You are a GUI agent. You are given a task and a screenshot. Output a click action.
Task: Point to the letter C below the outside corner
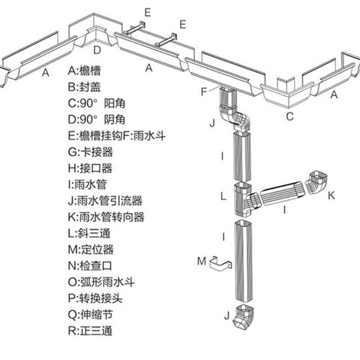pos(290,117)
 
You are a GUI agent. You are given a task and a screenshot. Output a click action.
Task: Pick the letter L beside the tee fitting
pos(223,197)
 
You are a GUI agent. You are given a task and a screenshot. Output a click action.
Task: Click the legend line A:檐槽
pos(84,70)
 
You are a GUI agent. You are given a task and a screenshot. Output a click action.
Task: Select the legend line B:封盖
pos(84,87)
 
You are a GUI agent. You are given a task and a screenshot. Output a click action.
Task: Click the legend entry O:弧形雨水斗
pos(102,282)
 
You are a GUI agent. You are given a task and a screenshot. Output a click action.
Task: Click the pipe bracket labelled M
pos(221,262)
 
